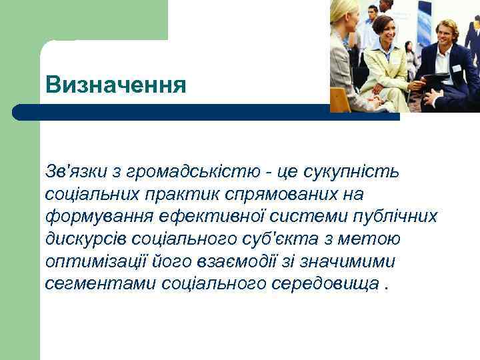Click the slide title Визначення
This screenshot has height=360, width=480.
click(116, 85)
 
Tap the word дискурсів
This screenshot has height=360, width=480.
click(89, 239)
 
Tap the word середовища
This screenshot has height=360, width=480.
click(327, 283)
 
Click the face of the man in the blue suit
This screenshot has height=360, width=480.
click(446, 31)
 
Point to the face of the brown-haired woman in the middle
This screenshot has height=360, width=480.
click(385, 29)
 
